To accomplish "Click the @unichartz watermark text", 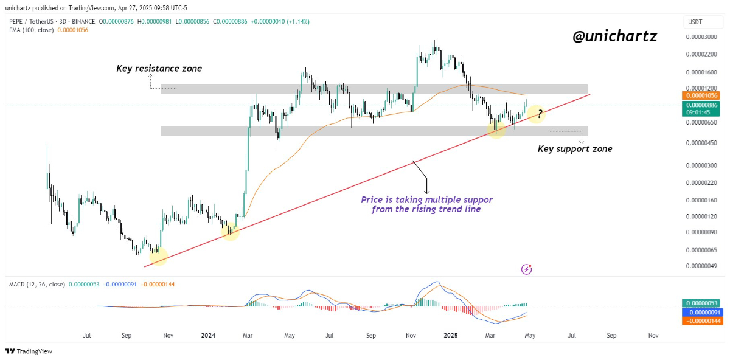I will tap(614, 36).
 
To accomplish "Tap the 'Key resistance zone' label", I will tap(159, 69).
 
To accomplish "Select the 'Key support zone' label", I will tap(575, 149).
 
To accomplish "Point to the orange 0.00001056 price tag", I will tap(703, 95).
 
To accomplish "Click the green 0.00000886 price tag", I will tap(703, 105).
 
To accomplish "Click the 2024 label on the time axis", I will tap(208, 335).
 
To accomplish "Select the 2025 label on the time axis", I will tap(450, 335).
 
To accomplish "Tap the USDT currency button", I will tap(695, 22).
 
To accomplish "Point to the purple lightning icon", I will tap(527, 269).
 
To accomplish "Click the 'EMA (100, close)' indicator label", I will tap(31, 30).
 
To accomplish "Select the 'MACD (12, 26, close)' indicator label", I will tap(36, 284).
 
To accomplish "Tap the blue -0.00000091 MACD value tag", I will tap(703, 312).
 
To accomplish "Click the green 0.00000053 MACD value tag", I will tap(703, 303).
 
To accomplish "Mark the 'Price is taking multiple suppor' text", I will tap(426, 199).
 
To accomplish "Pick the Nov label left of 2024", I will tap(169, 335).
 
